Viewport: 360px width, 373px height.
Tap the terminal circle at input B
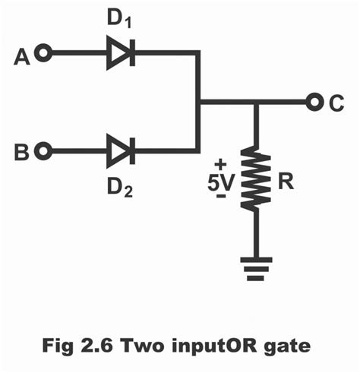46,150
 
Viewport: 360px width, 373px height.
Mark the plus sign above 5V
221,163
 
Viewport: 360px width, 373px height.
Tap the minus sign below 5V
221,197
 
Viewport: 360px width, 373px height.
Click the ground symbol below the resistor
256,267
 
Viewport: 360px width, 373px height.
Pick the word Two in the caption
144,346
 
